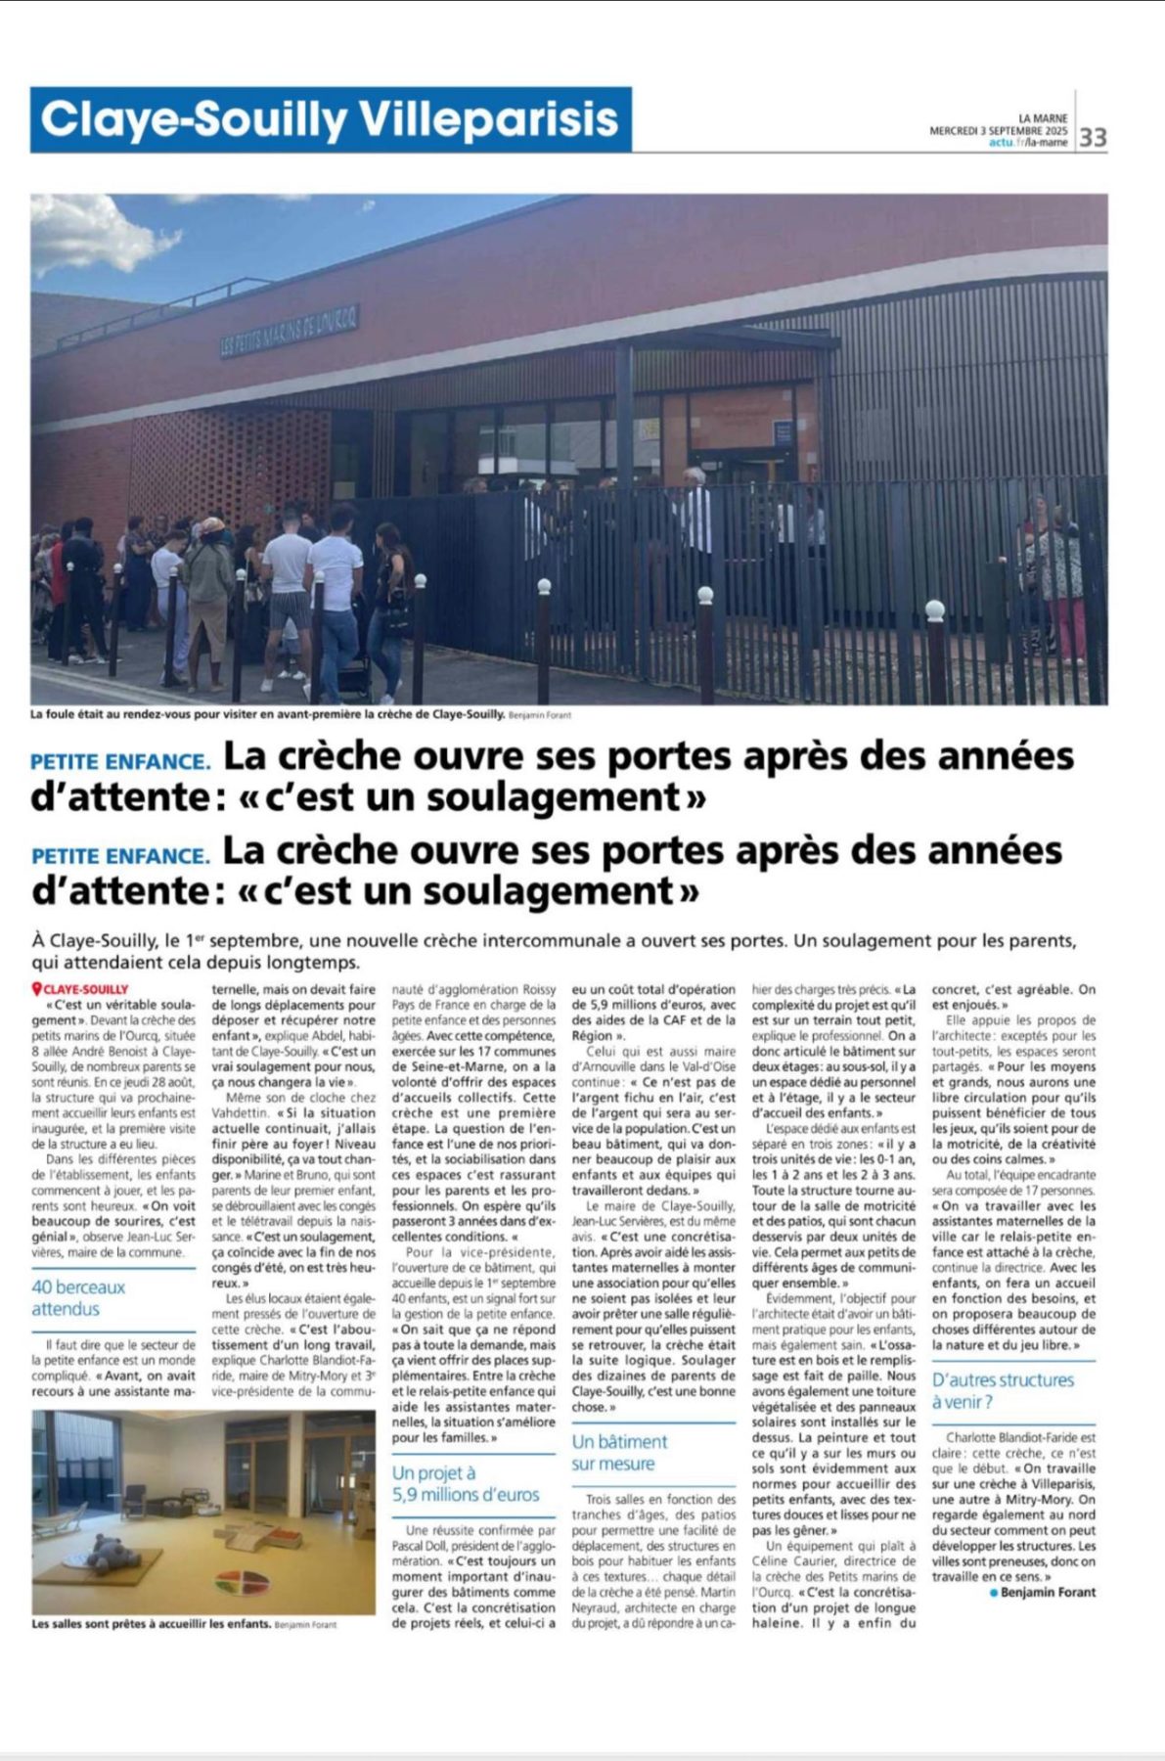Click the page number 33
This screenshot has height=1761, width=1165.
click(x=1093, y=137)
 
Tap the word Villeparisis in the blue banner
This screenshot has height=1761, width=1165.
click(x=489, y=119)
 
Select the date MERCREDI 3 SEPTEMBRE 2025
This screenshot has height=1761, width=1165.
click(x=998, y=130)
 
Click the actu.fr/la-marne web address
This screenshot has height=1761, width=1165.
click(x=1028, y=143)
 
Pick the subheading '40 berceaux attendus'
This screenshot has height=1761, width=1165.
click(x=78, y=1298)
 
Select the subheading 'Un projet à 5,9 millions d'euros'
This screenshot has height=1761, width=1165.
click(x=466, y=1483)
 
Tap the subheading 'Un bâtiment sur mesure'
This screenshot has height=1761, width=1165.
click(x=619, y=1452)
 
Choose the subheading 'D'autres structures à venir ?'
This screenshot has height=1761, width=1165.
click(x=1003, y=1390)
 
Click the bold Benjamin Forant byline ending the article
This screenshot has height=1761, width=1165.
click(x=1048, y=1592)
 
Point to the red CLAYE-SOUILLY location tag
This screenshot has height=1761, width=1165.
click(x=86, y=989)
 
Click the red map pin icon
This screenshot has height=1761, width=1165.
click(x=37, y=989)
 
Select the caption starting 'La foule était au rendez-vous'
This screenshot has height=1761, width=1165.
click(x=267, y=715)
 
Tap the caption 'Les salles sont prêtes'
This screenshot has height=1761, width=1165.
click(x=152, y=1624)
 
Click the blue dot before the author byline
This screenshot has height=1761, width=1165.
click(x=994, y=1593)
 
